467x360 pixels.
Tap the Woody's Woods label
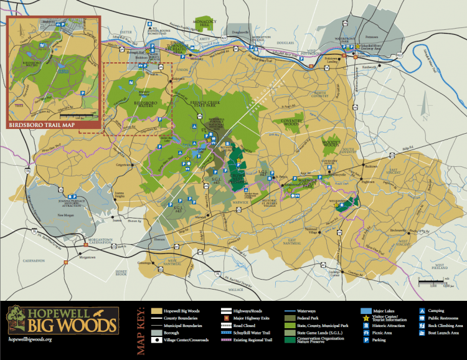[x=331, y=143]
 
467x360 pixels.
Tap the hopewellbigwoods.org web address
[x=31, y=339]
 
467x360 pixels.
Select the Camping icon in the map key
[x=422, y=310]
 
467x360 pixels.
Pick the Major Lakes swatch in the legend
[x=366, y=310]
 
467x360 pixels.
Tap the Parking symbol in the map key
[x=366, y=340]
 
